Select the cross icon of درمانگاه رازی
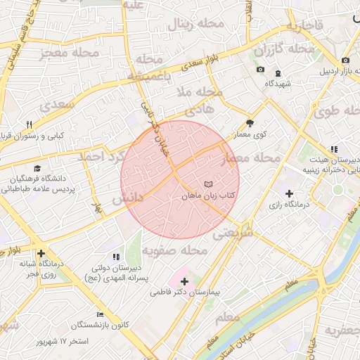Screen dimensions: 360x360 [289, 193]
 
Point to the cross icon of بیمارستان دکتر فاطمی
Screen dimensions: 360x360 [185, 281]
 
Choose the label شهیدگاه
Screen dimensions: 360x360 [278, 84]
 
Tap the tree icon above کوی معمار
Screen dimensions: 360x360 [251, 122]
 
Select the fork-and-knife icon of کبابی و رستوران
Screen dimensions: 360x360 [30, 124]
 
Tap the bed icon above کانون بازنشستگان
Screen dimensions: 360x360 [101, 314]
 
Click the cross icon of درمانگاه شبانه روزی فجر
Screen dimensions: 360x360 [41, 253]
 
